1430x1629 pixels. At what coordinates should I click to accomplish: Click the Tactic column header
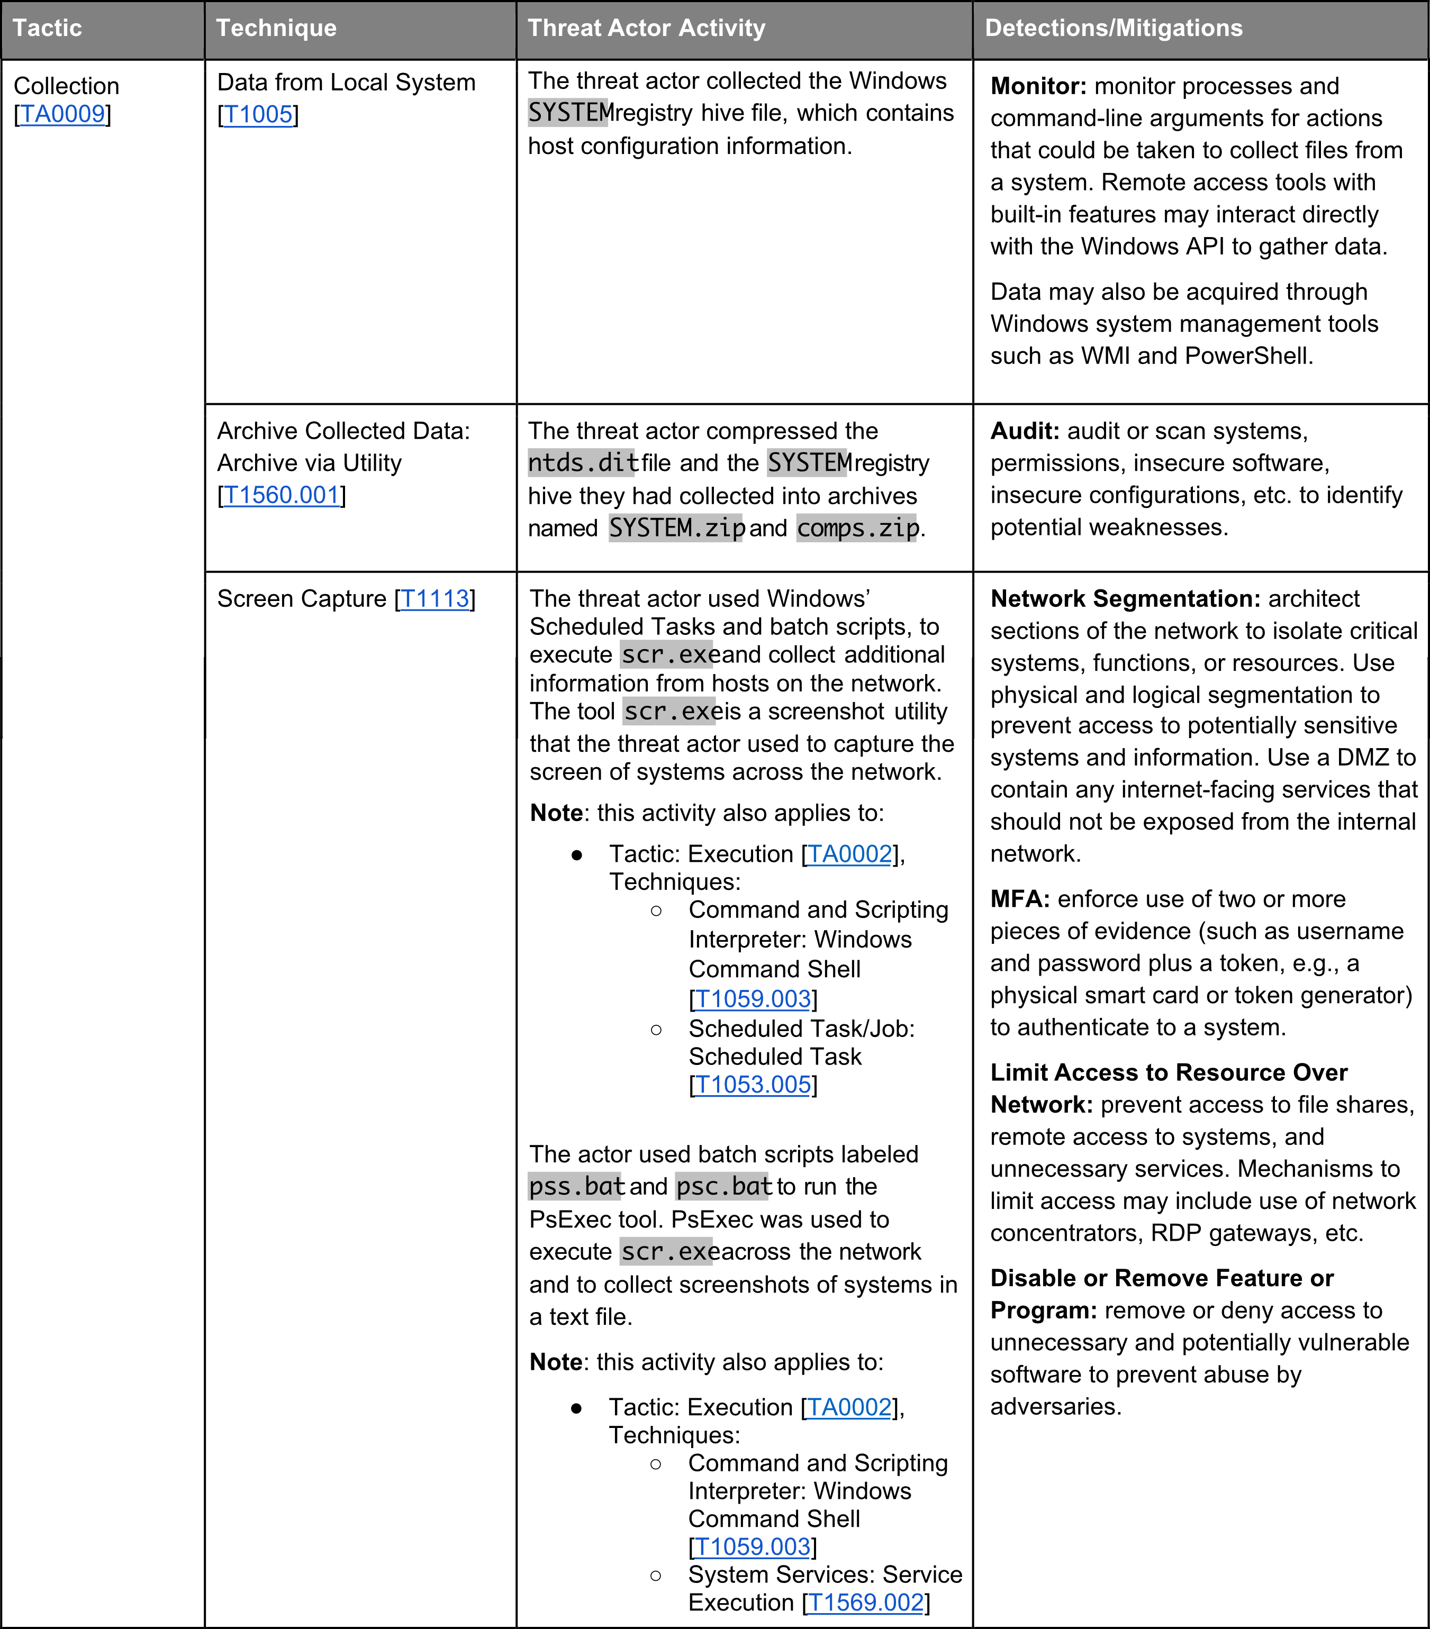coord(48,28)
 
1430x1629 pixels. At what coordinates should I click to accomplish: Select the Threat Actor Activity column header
coord(646,28)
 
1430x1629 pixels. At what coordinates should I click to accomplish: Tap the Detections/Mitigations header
coord(1114,28)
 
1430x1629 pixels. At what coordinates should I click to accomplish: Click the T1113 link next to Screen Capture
coord(435,598)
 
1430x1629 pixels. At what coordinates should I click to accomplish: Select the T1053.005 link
coord(753,1085)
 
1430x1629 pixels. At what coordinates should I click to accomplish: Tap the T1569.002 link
coord(866,1603)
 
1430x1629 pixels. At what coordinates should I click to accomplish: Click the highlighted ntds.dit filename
coord(583,463)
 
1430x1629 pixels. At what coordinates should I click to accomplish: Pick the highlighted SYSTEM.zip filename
coord(676,527)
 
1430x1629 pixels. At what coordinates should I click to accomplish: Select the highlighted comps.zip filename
coord(858,527)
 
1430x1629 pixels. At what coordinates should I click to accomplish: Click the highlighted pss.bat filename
coord(576,1187)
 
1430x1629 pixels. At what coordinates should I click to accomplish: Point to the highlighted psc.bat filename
coord(723,1187)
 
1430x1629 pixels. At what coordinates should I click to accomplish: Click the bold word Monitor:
coord(1038,86)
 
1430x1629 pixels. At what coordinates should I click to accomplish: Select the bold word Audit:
coord(1024,431)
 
